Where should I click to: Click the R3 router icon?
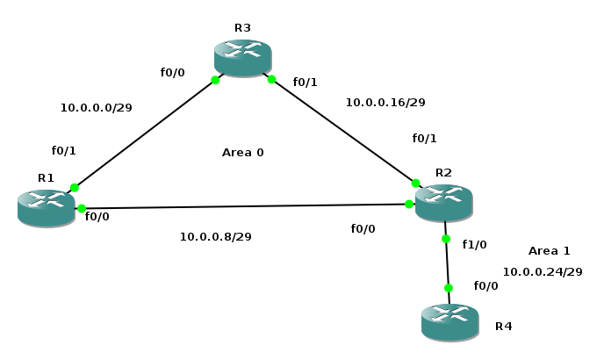pos(243,58)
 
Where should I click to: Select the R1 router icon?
pos(47,208)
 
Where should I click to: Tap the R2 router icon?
pos(443,203)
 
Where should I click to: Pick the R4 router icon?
pos(449,321)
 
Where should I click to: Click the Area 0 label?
pos(242,153)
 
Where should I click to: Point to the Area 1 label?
pos(549,251)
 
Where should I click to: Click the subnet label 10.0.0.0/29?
pos(96,108)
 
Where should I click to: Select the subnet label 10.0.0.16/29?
pos(385,103)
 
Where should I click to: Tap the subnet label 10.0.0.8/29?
pos(215,236)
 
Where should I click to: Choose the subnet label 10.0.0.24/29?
pos(542,272)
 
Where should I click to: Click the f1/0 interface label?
pos(474,244)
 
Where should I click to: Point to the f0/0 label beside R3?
pos(173,73)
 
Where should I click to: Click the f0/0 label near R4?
pos(485,286)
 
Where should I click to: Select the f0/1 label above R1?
pos(64,151)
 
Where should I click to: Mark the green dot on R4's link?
pos(448,288)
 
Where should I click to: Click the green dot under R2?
pos(445,239)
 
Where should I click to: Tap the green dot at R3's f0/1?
pos(271,80)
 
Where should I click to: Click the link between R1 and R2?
pos(246,206)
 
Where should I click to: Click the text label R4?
pos(503,327)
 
